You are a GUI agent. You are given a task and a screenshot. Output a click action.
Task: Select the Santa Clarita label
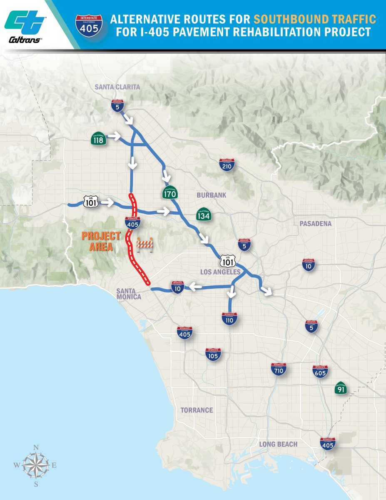pyautogui.click(x=117, y=87)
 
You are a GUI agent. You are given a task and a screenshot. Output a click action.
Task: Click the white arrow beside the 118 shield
pyautogui.click(x=114, y=136)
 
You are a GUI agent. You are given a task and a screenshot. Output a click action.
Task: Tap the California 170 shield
pyautogui.click(x=170, y=192)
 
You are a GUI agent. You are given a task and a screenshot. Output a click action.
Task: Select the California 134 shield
pyautogui.click(x=204, y=214)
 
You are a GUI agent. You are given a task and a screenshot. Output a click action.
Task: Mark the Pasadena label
pyautogui.click(x=315, y=224)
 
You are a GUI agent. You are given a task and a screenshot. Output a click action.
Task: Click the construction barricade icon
pyautogui.click(x=145, y=245)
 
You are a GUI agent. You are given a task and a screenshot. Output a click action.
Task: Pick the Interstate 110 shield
pyautogui.click(x=229, y=318)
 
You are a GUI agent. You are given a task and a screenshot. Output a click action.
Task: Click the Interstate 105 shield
pyautogui.click(x=213, y=355)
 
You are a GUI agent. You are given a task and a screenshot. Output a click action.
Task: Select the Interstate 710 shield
pyautogui.click(x=279, y=369)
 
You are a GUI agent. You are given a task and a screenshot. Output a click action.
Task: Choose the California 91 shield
pyautogui.click(x=341, y=389)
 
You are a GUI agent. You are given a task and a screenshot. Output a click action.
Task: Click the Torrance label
pyautogui.click(x=197, y=410)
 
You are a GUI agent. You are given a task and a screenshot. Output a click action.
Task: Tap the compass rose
pyautogui.click(x=36, y=465)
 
